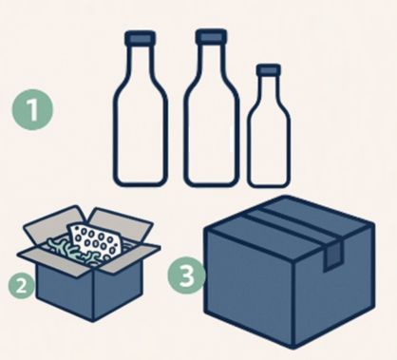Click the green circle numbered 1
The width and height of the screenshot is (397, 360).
33,109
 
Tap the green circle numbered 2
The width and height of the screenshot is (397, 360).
21,286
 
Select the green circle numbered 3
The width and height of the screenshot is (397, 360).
187,275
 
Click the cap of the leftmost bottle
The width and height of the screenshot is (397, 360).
140,38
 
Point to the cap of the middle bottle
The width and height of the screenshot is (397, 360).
211,37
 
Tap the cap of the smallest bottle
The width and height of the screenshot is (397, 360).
269,69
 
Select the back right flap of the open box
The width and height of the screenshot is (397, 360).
120,224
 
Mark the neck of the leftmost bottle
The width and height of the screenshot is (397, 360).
140,62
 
